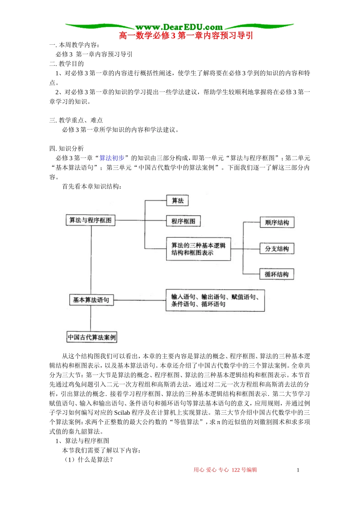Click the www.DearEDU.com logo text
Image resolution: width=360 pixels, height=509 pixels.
[179, 27]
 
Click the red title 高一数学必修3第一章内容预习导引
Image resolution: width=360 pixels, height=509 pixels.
[186, 36]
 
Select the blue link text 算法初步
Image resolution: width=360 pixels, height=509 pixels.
[112, 158]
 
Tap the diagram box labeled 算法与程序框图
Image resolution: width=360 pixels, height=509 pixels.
[91, 220]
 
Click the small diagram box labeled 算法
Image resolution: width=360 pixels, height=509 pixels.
[177, 201]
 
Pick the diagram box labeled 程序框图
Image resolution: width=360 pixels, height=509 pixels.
[183, 221]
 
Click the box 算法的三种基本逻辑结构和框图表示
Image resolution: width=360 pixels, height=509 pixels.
[199, 249]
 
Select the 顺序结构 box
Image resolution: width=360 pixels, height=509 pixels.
[277, 223]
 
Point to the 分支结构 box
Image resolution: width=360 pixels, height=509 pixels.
[277, 249]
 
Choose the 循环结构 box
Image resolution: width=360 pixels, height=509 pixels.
[277, 275]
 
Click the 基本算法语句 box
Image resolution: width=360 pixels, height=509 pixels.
[91, 300]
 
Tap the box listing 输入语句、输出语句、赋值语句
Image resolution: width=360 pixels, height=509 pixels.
[215, 300]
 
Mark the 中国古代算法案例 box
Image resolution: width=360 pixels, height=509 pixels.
[92, 337]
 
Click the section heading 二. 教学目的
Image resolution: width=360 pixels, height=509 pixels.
[67, 64]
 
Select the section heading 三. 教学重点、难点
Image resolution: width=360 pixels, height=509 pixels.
[76, 120]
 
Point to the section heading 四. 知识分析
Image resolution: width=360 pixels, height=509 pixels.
[67, 148]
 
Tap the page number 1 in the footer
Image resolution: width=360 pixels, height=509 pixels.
[298, 470]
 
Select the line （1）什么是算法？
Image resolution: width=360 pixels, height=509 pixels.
[89, 460]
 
